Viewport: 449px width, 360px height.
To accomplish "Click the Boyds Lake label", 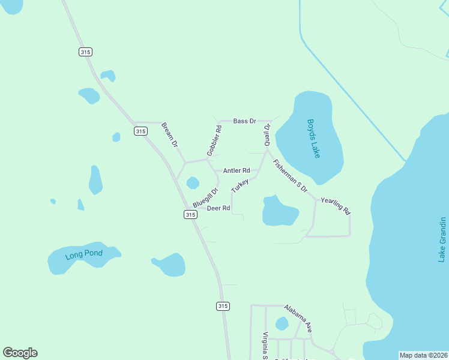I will click(314, 138).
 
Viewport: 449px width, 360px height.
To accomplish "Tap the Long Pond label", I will click(84, 254).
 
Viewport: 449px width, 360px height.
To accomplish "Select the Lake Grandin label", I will click(442, 240).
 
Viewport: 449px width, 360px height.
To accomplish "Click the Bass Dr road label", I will click(244, 121).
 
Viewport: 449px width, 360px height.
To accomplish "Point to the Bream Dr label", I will click(170, 135).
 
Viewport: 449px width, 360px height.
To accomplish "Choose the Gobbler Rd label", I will click(214, 141).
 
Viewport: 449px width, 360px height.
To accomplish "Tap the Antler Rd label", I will click(237, 171).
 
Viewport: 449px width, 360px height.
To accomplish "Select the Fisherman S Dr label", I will click(290, 176).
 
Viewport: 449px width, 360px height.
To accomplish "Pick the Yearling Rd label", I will click(336, 206).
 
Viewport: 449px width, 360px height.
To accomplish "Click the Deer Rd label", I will click(218, 208).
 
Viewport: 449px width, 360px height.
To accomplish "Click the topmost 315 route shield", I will click(85, 52).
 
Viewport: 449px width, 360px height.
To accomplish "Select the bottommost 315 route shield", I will click(223, 306).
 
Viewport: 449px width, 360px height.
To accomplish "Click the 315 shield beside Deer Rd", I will click(190, 214).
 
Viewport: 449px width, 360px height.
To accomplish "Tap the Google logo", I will click(20, 353).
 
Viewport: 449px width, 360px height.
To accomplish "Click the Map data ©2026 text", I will click(423, 355).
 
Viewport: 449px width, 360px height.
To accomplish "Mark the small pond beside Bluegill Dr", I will click(193, 182).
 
